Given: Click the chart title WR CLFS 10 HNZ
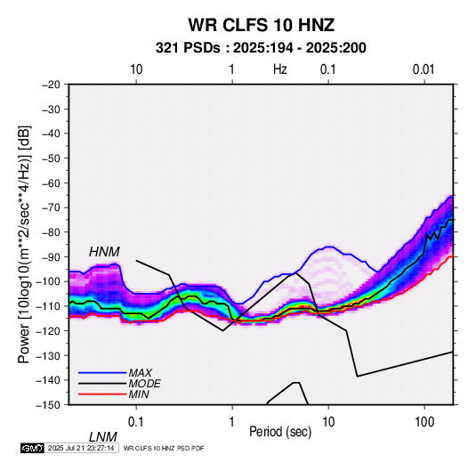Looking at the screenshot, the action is click(261, 25).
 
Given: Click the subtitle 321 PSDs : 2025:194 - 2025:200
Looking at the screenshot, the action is click(261, 48).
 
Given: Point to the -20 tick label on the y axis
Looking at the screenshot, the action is click(51, 85).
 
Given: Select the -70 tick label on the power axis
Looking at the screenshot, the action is click(51, 207).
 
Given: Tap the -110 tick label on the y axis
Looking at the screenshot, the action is click(48, 306).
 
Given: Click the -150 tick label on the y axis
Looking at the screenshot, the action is click(48, 405).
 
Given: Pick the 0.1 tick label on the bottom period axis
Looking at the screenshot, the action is click(136, 422).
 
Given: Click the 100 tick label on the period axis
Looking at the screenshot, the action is click(424, 422).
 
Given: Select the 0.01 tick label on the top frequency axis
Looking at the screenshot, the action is click(424, 69).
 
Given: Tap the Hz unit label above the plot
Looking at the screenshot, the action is click(280, 69).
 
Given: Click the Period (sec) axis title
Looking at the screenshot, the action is click(280, 432).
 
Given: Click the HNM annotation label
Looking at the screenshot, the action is click(104, 252).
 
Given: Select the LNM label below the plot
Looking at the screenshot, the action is click(102, 437).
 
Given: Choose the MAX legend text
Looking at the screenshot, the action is click(140, 372).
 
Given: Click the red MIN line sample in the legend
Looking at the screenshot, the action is click(102, 394).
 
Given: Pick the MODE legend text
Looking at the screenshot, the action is click(144, 384).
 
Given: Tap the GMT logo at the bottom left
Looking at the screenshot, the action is click(33, 448).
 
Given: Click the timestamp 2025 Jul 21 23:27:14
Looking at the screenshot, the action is click(81, 448).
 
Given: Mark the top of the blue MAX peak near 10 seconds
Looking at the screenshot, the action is click(329, 247).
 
